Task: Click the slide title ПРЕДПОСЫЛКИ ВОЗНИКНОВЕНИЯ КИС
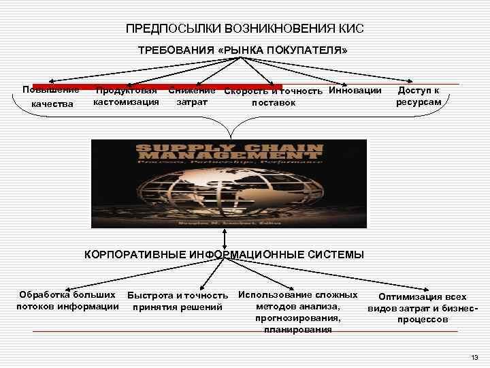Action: pyautogui.click(x=244, y=29)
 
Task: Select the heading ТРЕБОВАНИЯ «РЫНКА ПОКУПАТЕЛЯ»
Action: pyautogui.click(x=243, y=51)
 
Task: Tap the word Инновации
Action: pyautogui.click(x=355, y=91)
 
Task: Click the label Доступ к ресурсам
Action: pyautogui.click(x=419, y=96)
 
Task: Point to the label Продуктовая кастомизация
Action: pyautogui.click(x=127, y=97)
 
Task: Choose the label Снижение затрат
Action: pyautogui.click(x=192, y=97)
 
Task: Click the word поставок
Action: pyautogui.click(x=274, y=103)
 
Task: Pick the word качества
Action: pyautogui.click(x=50, y=104)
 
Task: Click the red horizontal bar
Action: pyautogui.click(x=157, y=87)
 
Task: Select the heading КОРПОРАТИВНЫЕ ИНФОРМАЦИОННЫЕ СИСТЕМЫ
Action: pyautogui.click(x=224, y=255)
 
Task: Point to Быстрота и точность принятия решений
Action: pyautogui.click(x=177, y=301)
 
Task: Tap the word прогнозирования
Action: pyautogui.click(x=298, y=318)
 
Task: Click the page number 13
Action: pyautogui.click(x=474, y=357)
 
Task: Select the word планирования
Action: pyautogui.click(x=298, y=330)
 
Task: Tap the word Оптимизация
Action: pyautogui.click(x=412, y=297)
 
